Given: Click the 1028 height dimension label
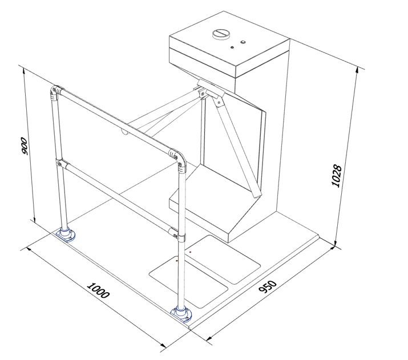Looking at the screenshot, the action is click(337, 176).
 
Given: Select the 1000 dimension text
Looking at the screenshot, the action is click(98, 290).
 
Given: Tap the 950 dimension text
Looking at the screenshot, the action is click(268, 286).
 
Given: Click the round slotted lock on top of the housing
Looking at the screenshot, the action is click(221, 34).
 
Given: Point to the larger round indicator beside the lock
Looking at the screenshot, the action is click(243, 42).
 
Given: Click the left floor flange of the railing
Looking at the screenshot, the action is click(67, 234).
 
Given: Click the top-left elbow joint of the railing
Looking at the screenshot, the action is click(55, 92).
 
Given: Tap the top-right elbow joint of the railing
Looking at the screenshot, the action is click(179, 159).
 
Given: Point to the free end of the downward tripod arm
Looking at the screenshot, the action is click(256, 194).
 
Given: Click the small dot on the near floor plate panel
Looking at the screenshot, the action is click(177, 260).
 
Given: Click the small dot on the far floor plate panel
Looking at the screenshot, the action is click(191, 252).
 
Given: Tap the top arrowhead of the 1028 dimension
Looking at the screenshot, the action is click(358, 70).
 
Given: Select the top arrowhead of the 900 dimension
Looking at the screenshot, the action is click(24, 71).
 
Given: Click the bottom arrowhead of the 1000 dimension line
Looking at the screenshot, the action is click(163, 346).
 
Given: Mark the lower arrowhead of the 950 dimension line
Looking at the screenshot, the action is click(209, 338).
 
